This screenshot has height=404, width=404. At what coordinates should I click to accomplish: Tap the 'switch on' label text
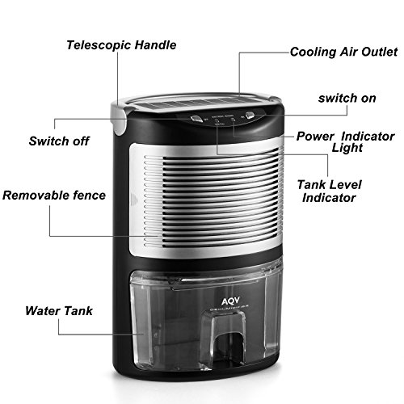pyautogui.click(x=348, y=99)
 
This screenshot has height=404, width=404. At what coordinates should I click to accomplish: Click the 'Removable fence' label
pyautogui.click(x=54, y=196)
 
